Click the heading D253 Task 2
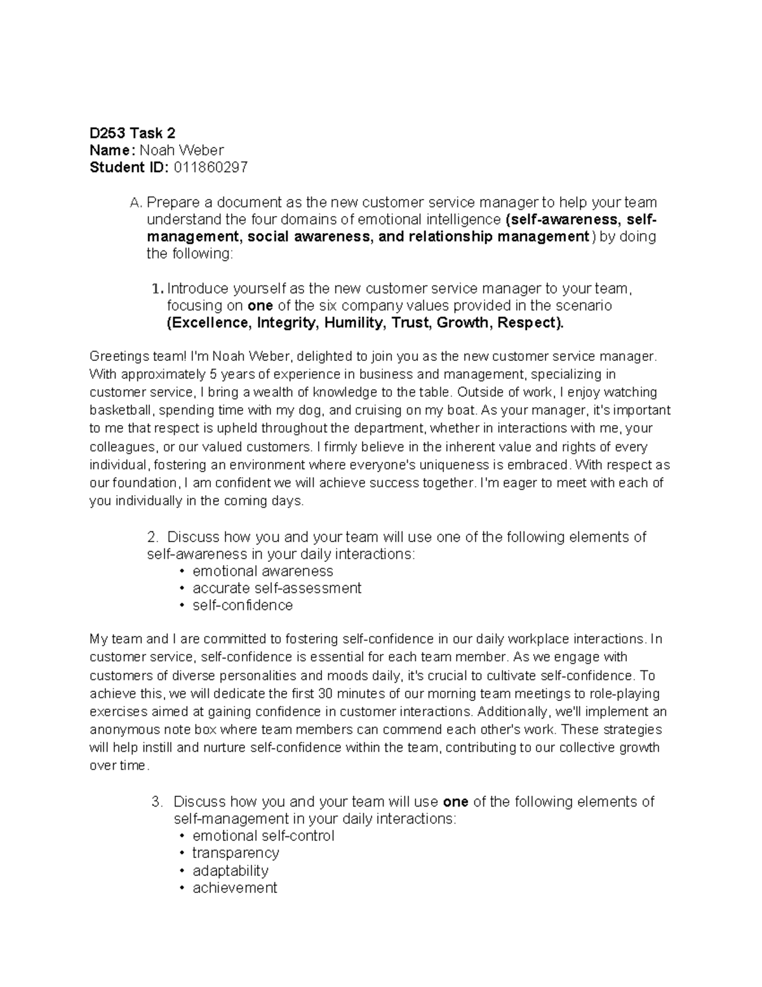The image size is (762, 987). [132, 133]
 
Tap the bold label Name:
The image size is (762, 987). [112, 150]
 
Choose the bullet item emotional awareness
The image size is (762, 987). [262, 571]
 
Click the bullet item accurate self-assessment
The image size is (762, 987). [276, 588]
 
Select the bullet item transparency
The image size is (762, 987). [236, 853]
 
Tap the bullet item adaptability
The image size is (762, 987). [230, 870]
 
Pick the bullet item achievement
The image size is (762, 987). [234, 888]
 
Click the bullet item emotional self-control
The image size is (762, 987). [263, 836]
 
